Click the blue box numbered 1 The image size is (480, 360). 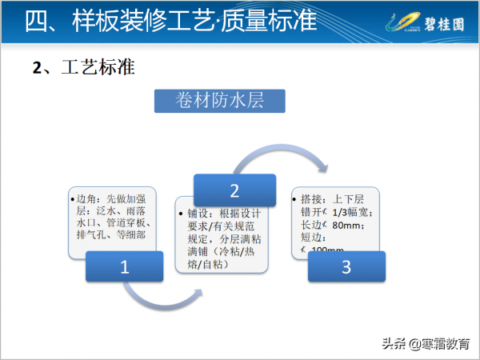pos(124,267)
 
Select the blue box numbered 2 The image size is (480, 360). pos(234,190)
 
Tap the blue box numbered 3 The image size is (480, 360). pos(346,266)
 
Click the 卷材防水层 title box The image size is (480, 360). pos(219,101)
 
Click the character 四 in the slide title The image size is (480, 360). pos(37,22)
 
